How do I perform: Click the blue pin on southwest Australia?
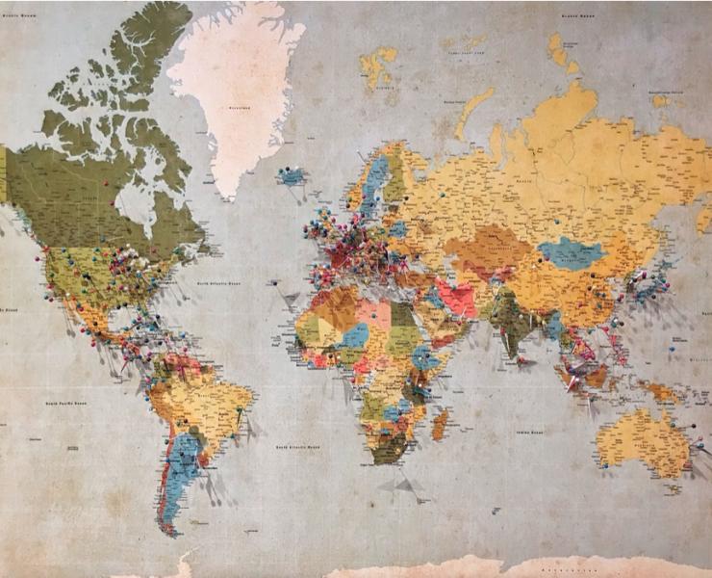605,464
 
